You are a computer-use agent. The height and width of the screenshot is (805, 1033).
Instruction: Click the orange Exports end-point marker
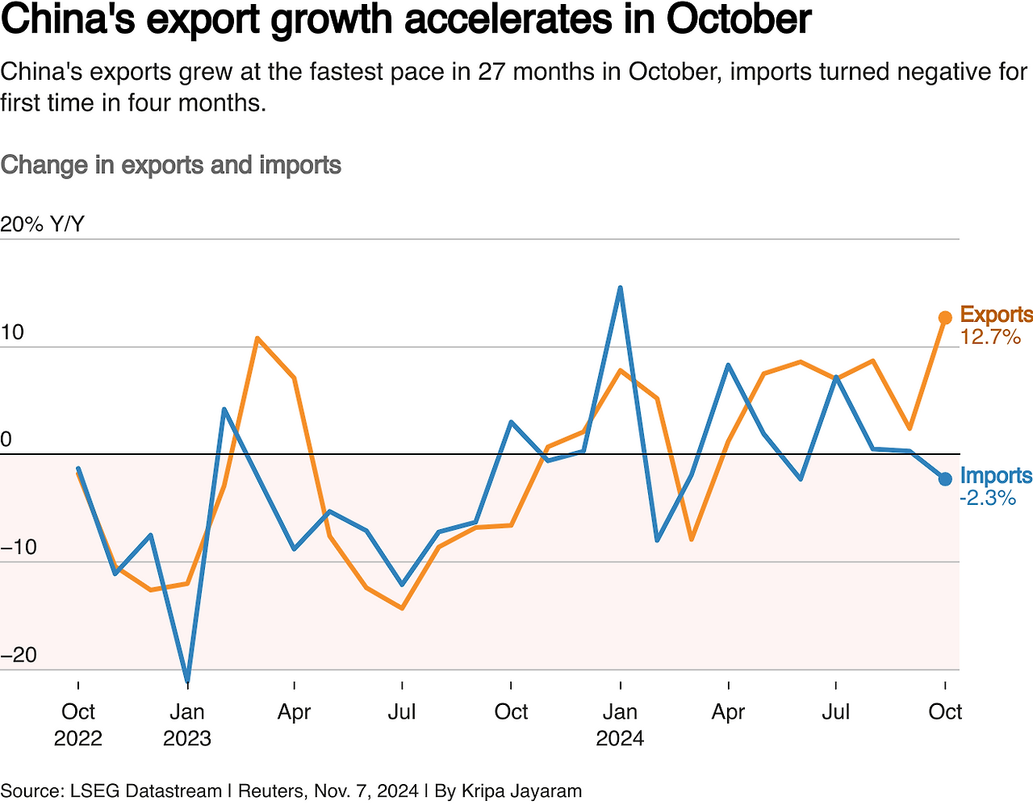pyautogui.click(x=945, y=318)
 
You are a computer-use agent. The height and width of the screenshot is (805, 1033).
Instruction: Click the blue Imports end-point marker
pyautogui.click(x=945, y=479)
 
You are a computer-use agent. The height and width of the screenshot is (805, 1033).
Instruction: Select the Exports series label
pyautogui.click(x=996, y=315)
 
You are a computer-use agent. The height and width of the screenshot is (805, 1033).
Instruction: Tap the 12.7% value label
pyautogui.click(x=990, y=337)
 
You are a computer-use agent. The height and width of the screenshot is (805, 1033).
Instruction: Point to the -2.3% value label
pyautogui.click(x=988, y=498)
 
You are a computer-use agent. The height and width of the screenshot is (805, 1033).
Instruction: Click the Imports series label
pyautogui.click(x=996, y=476)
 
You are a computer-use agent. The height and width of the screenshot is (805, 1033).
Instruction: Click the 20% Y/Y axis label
pyautogui.click(x=42, y=224)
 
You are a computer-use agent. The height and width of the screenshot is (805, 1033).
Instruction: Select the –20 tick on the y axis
pyautogui.click(x=19, y=655)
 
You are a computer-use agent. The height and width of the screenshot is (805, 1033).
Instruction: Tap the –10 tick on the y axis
pyautogui.click(x=19, y=548)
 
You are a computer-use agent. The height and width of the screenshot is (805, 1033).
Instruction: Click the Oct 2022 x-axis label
pyautogui.click(x=78, y=724)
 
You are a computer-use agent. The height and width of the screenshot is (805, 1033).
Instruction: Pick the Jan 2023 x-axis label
pyautogui.click(x=187, y=724)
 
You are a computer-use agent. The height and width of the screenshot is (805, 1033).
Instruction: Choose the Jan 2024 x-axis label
pyautogui.click(x=620, y=724)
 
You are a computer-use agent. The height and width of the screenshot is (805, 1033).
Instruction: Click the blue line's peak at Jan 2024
pyautogui.click(x=620, y=288)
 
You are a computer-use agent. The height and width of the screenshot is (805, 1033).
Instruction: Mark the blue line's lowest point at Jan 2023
pyautogui.click(x=187, y=680)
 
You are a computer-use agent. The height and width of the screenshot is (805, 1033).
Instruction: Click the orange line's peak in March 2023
pyautogui.click(x=257, y=338)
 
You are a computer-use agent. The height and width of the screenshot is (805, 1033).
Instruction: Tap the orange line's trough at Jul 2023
pyautogui.click(x=402, y=608)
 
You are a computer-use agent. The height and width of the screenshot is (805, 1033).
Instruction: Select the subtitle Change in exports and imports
pyautogui.click(x=171, y=165)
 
